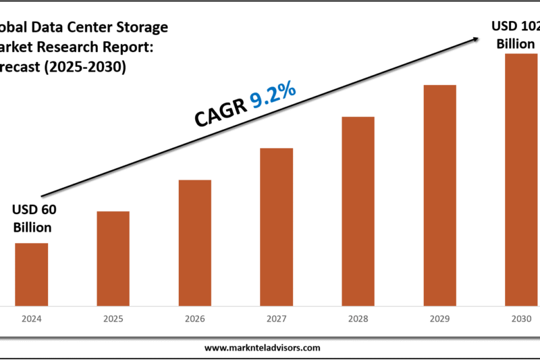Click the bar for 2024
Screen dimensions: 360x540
pyautogui.click(x=32, y=274)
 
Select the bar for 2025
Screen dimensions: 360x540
pyautogui.click(x=113, y=258)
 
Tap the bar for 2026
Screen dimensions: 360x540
pyautogui.click(x=194, y=242)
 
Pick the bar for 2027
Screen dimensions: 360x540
pyautogui.click(x=276, y=226)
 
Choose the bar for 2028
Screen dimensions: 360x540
pyautogui.click(x=358, y=211)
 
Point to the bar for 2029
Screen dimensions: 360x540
pyautogui.click(x=439, y=195)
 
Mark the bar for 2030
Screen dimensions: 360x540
pyautogui.click(x=521, y=179)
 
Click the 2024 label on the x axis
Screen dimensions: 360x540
pyautogui.click(x=32, y=318)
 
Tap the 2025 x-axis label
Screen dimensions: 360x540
pyautogui.click(x=113, y=318)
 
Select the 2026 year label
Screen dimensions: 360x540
pyautogui.click(x=194, y=318)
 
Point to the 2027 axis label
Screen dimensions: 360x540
pyautogui.click(x=276, y=318)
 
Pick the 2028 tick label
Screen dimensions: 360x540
pyautogui.click(x=358, y=318)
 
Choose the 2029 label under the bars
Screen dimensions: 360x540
pyautogui.click(x=439, y=318)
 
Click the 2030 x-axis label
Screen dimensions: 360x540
pyautogui.click(x=521, y=318)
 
